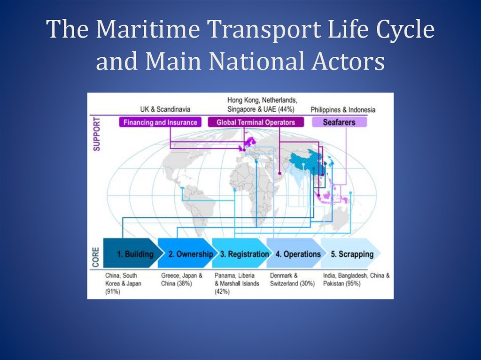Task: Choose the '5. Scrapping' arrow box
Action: (x=350, y=254)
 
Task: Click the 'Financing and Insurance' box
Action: (x=160, y=122)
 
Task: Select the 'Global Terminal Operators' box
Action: (x=256, y=122)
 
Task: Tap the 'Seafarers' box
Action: (x=339, y=122)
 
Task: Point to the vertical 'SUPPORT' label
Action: (x=96, y=133)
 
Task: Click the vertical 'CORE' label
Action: (x=96, y=258)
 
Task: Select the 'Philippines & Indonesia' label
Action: (x=343, y=109)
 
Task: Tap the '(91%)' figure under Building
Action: (x=113, y=291)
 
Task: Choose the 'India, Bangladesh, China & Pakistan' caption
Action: (x=356, y=280)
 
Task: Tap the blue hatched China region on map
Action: (x=308, y=162)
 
